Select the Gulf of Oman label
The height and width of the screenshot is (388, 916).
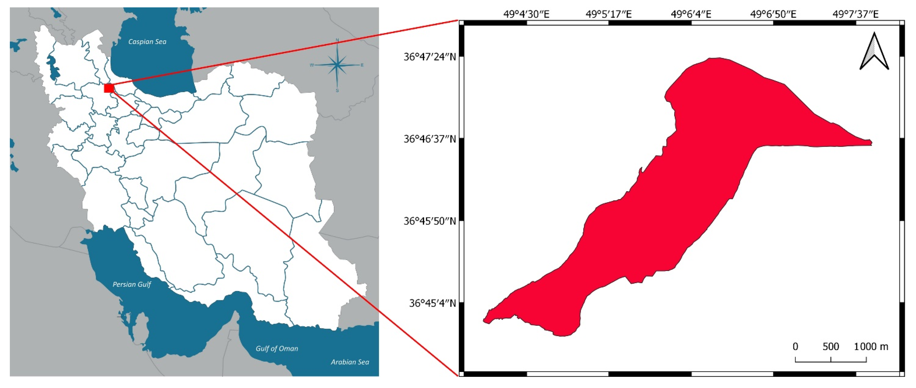point(277,349)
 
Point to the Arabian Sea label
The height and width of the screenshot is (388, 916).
point(350,362)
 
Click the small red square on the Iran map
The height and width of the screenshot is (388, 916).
point(109,88)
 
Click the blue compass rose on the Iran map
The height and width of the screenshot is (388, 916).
point(337,65)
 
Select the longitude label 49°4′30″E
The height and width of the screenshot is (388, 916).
point(526,14)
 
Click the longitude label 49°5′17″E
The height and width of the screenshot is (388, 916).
point(609,14)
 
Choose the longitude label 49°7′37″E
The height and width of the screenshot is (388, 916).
point(856,14)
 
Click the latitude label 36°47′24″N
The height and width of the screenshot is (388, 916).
point(430,57)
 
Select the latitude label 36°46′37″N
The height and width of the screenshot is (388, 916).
point(430,139)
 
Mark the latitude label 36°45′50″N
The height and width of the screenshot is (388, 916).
point(430,221)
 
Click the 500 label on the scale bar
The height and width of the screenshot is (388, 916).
point(831,346)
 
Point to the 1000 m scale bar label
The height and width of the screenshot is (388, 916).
point(871,346)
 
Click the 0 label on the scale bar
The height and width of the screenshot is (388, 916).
point(795,346)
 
